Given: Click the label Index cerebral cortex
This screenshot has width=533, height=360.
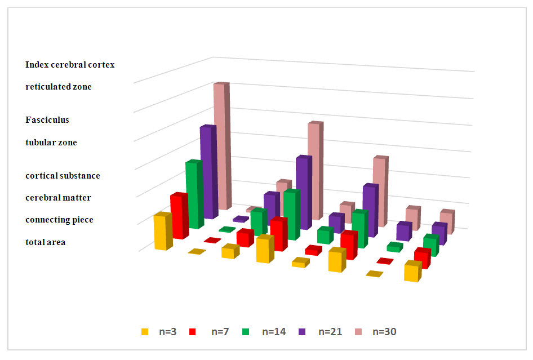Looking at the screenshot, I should (70, 65).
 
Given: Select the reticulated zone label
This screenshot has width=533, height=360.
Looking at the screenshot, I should (59, 87).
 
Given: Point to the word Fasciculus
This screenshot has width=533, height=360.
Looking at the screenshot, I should (47, 120).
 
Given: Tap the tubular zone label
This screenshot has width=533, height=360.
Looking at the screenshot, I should (51, 143).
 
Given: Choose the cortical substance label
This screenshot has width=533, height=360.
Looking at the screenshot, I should (63, 176).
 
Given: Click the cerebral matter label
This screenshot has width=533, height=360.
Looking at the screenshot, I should (58, 198).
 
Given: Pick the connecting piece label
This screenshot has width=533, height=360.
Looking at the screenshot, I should (59, 220).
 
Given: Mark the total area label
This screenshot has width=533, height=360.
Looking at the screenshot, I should (46, 242).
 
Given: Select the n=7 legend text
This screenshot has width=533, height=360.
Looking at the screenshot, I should (221, 332).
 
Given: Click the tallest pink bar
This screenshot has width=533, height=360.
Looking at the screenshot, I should (220, 146).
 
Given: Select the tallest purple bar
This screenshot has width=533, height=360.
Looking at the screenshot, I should (207, 172).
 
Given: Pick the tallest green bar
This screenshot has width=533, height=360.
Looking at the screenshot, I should (193, 195).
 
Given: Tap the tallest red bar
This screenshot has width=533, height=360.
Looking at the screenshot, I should (178, 216).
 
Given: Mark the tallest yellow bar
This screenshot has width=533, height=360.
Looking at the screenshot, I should (162, 232).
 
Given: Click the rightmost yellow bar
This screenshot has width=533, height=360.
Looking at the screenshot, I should (412, 272).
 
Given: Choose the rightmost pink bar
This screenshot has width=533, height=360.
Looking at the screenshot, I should (447, 223).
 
